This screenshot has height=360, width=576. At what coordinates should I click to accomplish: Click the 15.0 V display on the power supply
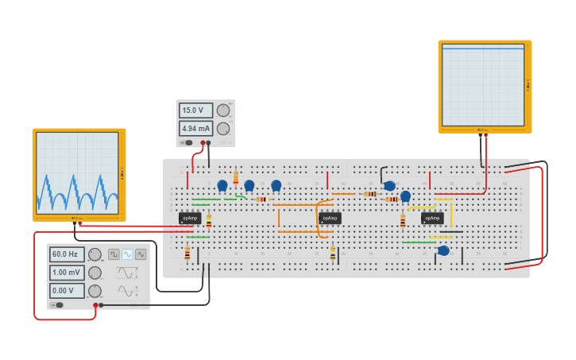pyautogui.click(x=195, y=110)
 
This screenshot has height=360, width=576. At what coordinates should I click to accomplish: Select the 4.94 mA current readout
pyautogui.click(x=195, y=128)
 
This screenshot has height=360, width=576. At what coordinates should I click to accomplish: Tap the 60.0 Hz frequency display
pyautogui.click(x=67, y=254)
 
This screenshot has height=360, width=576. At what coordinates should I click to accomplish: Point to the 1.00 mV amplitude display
pyautogui.click(x=67, y=273)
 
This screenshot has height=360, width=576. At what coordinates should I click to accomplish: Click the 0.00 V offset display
pyautogui.click(x=67, y=290)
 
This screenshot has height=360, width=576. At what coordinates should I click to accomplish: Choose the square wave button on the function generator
pyautogui.click(x=114, y=254)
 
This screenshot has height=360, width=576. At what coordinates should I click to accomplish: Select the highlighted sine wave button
pyautogui.click(x=127, y=254)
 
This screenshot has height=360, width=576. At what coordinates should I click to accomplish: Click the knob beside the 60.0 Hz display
pyautogui.click(x=95, y=254)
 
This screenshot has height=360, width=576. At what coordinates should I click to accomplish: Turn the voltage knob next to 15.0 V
pyautogui.click(x=223, y=110)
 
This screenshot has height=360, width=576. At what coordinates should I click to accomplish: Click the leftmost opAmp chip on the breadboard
pyautogui.click(x=189, y=217)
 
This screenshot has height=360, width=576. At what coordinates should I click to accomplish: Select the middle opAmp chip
pyautogui.click(x=330, y=217)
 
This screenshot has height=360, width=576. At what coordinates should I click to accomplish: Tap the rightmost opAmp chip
pyautogui.click(x=432, y=217)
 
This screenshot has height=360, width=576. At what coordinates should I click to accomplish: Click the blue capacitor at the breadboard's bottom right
pyautogui.click(x=443, y=251)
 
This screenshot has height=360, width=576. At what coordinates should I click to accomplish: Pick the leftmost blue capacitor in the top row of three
pyautogui.click(x=222, y=185)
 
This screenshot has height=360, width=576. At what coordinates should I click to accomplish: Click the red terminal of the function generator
pyautogui.click(x=95, y=305)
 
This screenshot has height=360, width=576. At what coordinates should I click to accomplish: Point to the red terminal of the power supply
pyautogui.click(x=203, y=143)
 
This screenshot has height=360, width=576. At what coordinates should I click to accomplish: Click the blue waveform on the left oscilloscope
pyautogui.click(x=77, y=191)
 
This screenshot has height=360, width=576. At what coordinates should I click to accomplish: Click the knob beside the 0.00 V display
pyautogui.click(x=95, y=291)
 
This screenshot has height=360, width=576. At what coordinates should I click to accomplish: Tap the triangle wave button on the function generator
pyautogui.click(x=141, y=254)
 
